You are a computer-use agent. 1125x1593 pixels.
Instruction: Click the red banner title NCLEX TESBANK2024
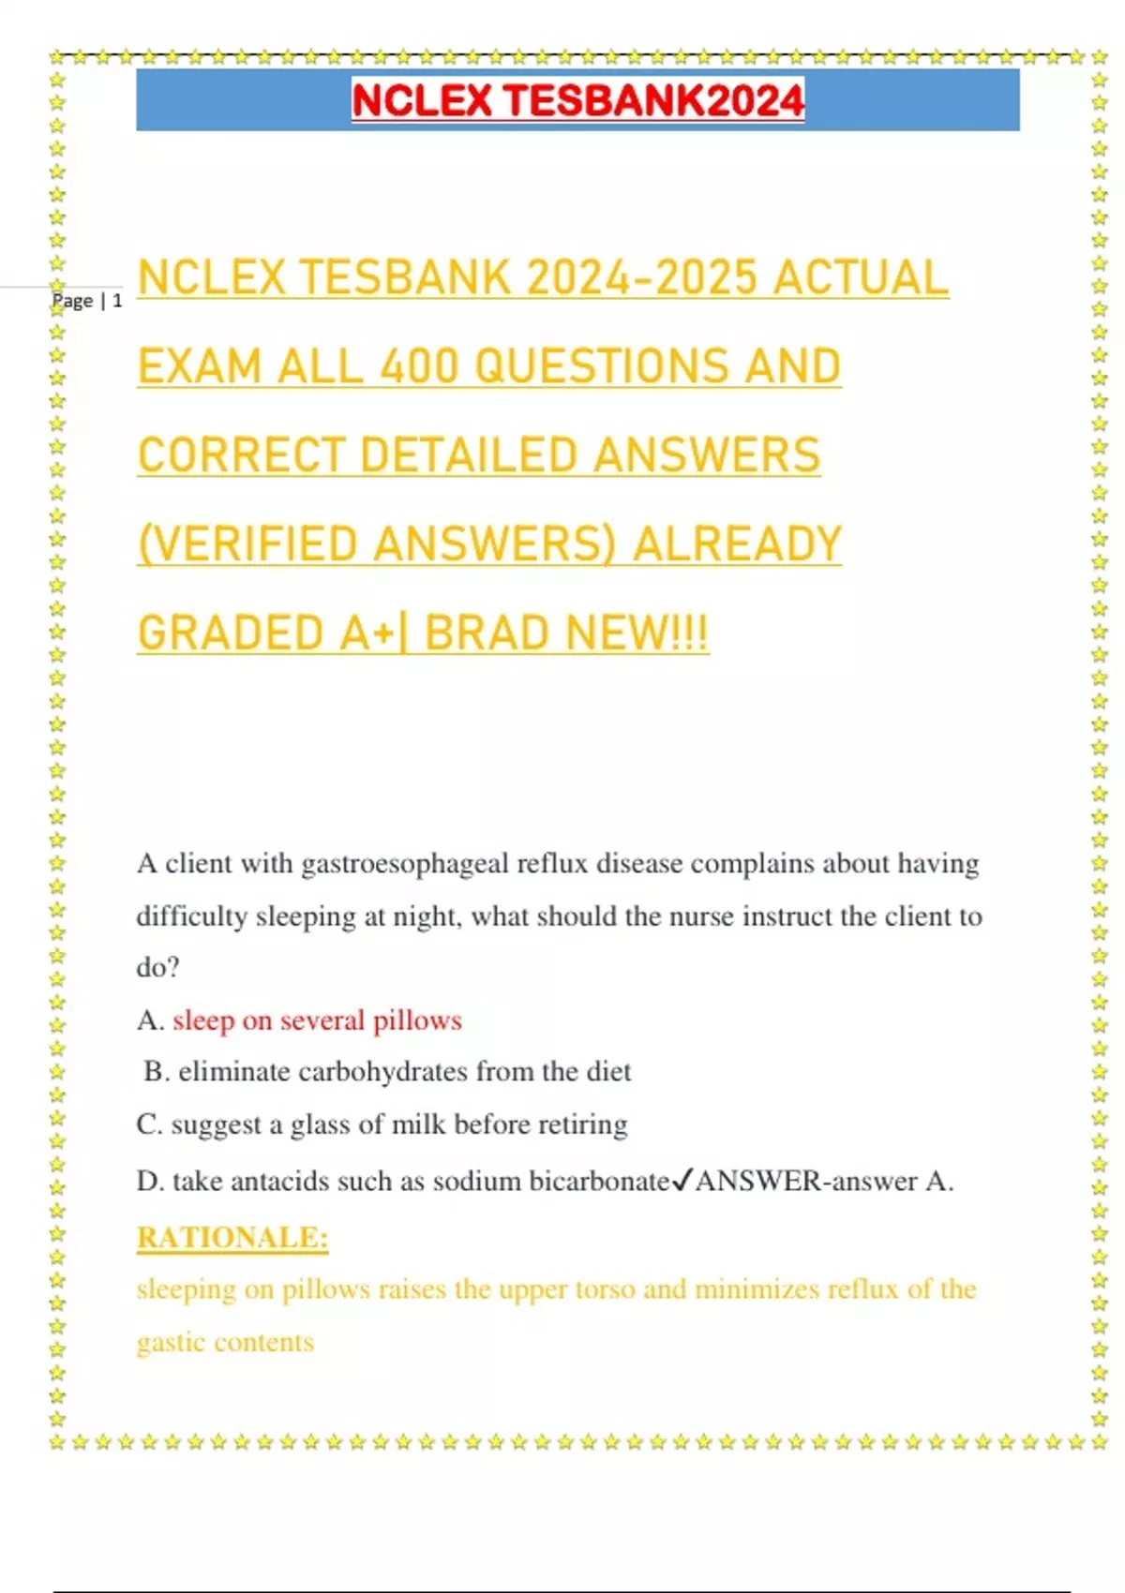click(x=577, y=100)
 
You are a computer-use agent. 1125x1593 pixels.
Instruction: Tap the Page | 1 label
click(x=87, y=301)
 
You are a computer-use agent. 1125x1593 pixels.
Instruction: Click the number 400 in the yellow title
click(x=421, y=365)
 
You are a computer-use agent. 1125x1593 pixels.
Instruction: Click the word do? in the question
click(x=157, y=967)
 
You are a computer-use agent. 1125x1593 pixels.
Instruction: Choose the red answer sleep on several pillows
click(x=317, y=1020)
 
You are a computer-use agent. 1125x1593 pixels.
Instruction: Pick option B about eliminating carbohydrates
click(x=388, y=1071)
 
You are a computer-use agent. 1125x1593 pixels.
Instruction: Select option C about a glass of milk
click(x=382, y=1124)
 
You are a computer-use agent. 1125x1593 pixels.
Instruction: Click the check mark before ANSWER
click(x=682, y=1180)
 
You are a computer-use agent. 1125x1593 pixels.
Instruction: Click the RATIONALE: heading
click(x=232, y=1238)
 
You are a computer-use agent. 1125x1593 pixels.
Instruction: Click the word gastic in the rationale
click(x=170, y=1343)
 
